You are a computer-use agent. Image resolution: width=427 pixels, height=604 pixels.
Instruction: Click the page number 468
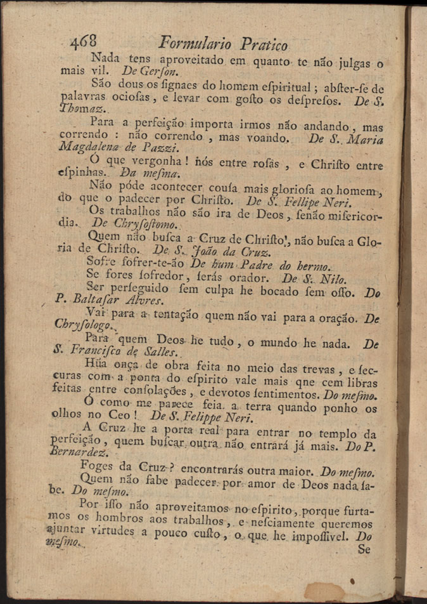(x=84, y=43)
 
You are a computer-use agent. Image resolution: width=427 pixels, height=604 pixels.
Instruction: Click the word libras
(x=362, y=384)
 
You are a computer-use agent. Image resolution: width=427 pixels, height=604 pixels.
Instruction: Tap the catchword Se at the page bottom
(x=363, y=550)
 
